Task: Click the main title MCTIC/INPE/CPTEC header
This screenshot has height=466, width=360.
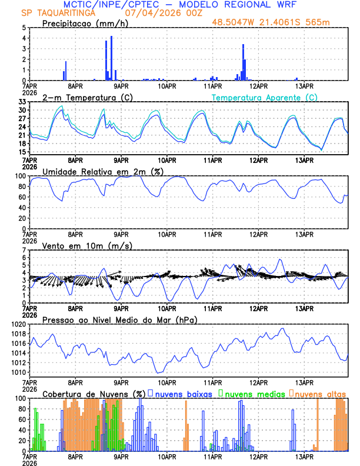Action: (x=180, y=5)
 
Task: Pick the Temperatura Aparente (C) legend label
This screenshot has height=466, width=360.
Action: (x=265, y=97)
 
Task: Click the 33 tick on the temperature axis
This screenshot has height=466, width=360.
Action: (x=23, y=102)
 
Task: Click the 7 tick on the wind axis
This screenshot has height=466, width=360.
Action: (x=25, y=250)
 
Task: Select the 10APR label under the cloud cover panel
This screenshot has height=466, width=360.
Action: (x=167, y=457)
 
